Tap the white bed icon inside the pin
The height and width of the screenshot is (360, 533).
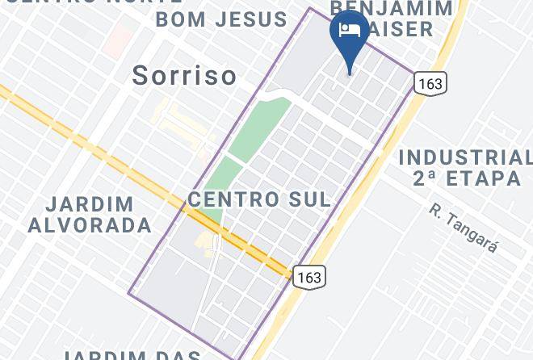point(349,31)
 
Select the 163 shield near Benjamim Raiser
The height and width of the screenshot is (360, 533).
point(430,82)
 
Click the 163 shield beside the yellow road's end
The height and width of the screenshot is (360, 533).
point(308,277)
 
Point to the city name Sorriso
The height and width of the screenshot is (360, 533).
point(184,76)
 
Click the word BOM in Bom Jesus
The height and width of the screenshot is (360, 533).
point(180,19)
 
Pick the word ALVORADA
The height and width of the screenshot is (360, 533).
point(90,225)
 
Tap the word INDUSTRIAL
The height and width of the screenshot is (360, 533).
point(465,157)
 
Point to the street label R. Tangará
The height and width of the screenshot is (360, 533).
point(464,228)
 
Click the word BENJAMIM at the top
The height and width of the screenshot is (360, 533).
point(392,9)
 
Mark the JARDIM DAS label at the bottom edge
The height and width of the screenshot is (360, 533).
point(132,355)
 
